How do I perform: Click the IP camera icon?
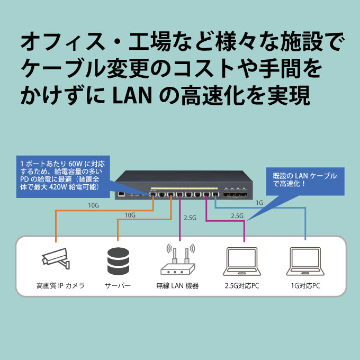tap(56, 258)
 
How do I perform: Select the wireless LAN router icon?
tap(181, 259)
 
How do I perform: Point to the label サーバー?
tap(118, 285)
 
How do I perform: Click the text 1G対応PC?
tap(305, 285)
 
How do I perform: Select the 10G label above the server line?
tap(130, 215)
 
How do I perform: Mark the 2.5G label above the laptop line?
tap(237, 216)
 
